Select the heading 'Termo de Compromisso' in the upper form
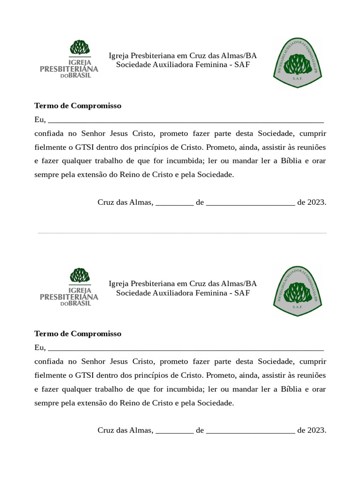coord(78,106)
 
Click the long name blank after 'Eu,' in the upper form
coord(186,121)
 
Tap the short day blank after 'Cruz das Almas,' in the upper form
coord(174,204)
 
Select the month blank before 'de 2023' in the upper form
coord(251,204)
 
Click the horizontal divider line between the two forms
coord(182,233)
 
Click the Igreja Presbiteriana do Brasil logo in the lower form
coord(70,287)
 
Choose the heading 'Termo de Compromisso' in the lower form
coord(78,334)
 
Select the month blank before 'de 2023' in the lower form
coord(251,432)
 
